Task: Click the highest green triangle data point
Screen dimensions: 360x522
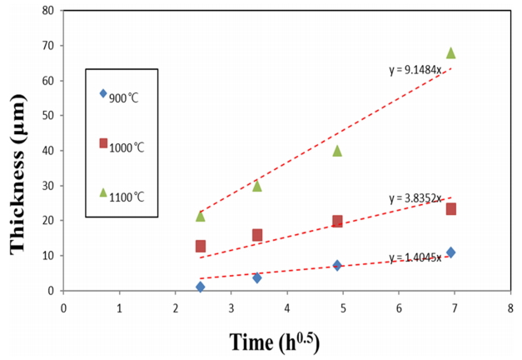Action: (451, 53)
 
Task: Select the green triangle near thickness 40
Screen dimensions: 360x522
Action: (337, 151)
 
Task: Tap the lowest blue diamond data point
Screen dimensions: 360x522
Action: (201, 287)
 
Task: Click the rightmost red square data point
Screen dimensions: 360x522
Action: (450, 209)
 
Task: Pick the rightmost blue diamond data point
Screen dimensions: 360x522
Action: (450, 252)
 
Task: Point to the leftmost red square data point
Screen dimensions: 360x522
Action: (201, 246)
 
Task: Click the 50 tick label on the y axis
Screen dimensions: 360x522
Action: (50, 116)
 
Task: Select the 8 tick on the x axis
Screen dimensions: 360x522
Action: (510, 305)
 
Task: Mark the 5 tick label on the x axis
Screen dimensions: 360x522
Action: (342, 305)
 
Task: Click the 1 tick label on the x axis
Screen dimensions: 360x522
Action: (119, 305)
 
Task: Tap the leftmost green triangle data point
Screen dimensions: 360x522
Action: (201, 216)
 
